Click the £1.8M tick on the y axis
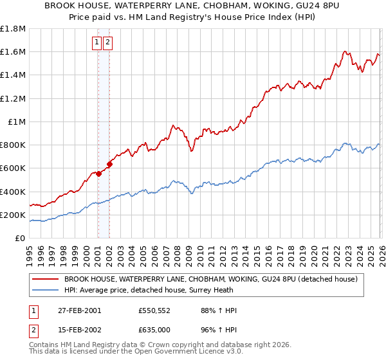[x=14, y=29]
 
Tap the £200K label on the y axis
[x=13, y=215]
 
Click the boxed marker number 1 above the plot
[x=96, y=43]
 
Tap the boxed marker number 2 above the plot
[x=107, y=43]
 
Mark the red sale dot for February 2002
[x=110, y=164]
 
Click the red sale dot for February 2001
[x=99, y=174]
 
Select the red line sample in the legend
[x=46, y=280]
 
